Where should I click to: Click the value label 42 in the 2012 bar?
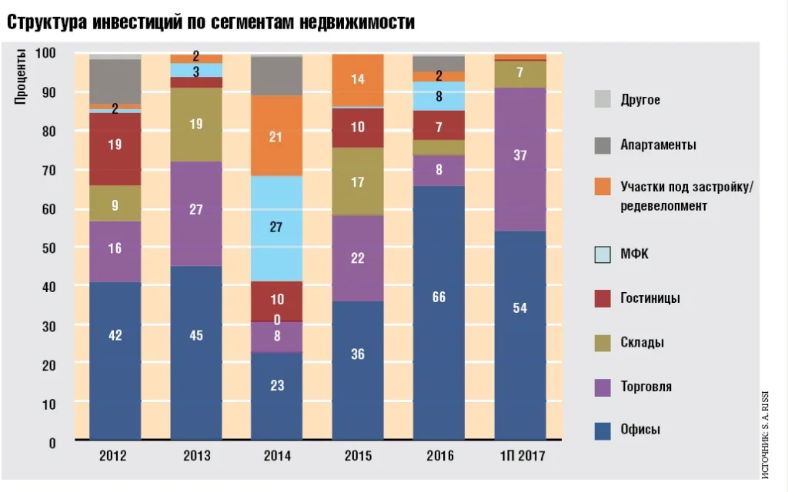point(115,335)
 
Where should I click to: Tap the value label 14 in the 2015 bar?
point(358,78)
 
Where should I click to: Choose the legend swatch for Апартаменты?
point(603,145)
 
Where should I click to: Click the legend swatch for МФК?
point(603,254)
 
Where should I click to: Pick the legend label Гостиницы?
point(650,298)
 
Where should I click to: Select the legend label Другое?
point(640,100)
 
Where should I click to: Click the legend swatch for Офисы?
point(603,430)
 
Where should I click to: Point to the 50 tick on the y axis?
point(48,248)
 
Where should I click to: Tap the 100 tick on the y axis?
point(45,52)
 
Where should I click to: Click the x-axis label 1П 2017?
point(520,456)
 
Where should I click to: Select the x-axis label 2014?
point(277,456)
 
